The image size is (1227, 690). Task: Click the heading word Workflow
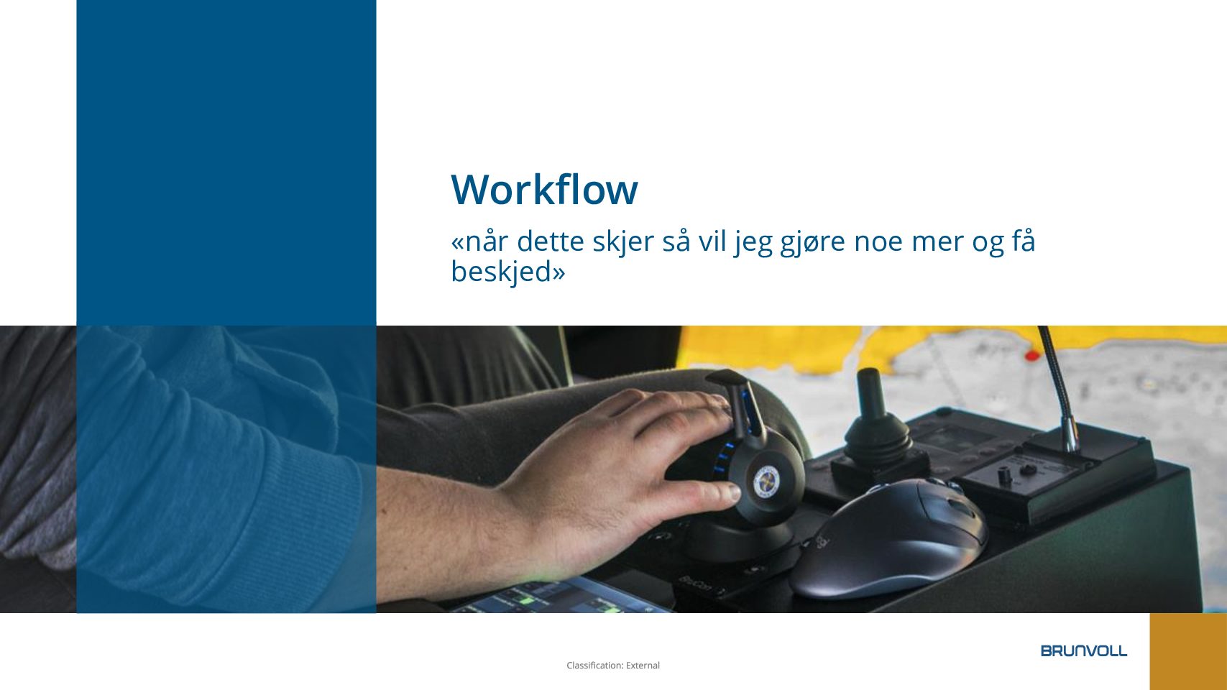pyautogui.click(x=544, y=190)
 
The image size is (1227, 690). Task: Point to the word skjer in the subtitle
pyautogui.click(x=623, y=241)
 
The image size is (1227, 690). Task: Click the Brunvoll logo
pyautogui.click(x=1084, y=650)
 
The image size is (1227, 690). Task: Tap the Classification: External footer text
pyautogui.click(x=613, y=666)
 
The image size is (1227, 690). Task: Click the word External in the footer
pyautogui.click(x=643, y=666)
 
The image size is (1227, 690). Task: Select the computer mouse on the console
pyautogui.click(x=887, y=539)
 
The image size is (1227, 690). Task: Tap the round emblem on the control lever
pyautogui.click(x=766, y=482)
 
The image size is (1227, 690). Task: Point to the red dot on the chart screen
pyautogui.click(x=1032, y=356)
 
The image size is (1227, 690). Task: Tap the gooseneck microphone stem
pyautogui.click(x=1057, y=383)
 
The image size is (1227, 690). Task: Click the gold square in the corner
pyautogui.click(x=1188, y=652)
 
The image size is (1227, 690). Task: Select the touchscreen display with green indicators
pyautogui.click(x=559, y=596)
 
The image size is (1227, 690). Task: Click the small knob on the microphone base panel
pyautogui.click(x=1004, y=474)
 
